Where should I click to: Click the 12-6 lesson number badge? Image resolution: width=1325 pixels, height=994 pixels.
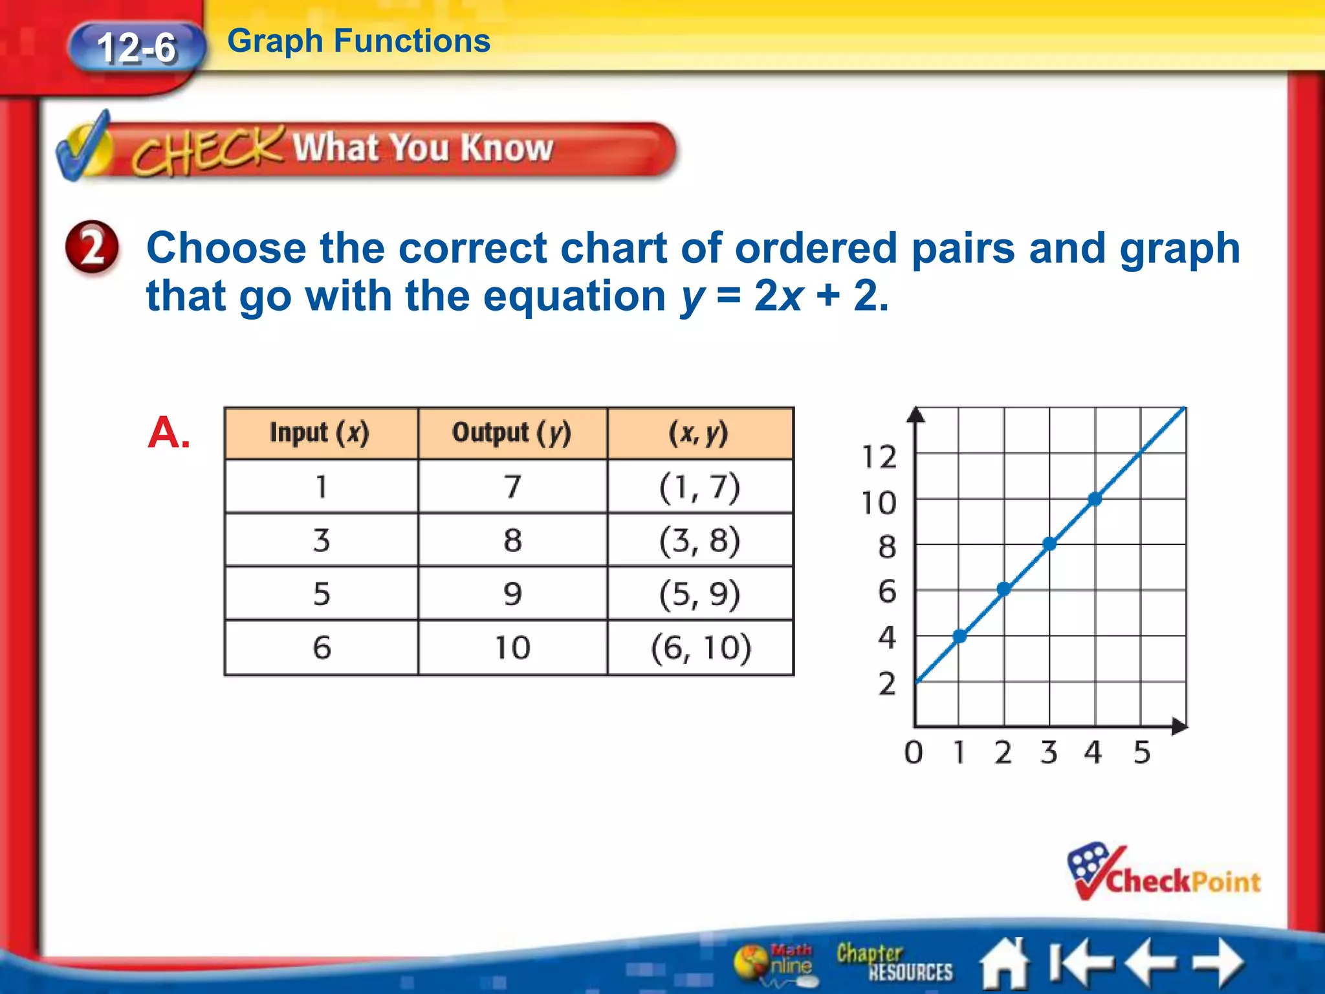(x=137, y=48)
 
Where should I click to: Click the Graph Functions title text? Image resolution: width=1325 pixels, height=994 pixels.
(x=359, y=41)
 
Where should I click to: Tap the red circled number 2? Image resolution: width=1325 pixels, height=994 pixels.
(x=93, y=247)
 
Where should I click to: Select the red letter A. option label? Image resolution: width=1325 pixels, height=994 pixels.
(x=168, y=432)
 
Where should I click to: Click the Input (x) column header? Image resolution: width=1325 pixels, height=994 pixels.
(x=320, y=433)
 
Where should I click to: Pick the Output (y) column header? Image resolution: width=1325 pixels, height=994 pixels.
(x=512, y=433)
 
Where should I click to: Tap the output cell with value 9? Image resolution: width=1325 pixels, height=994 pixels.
(x=512, y=593)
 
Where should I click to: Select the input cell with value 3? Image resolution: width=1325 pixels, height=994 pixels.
(x=322, y=540)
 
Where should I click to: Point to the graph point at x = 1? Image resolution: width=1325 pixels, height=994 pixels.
(x=959, y=636)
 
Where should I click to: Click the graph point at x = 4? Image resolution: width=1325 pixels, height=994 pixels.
(x=1095, y=499)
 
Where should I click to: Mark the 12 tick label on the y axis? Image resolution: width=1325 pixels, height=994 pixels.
(x=879, y=457)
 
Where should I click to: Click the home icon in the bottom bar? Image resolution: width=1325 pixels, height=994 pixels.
(x=1005, y=964)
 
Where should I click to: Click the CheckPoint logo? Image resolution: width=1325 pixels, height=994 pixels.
(x=1164, y=874)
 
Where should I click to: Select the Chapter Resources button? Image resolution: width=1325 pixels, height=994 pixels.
(x=893, y=962)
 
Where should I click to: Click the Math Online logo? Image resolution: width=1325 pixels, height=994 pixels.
(x=774, y=963)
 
